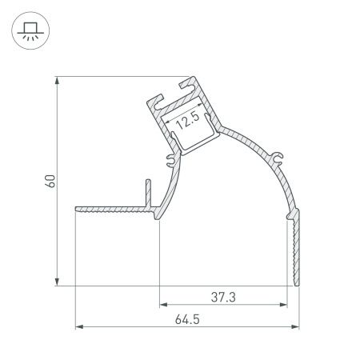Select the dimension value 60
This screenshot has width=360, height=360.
(x=50, y=180)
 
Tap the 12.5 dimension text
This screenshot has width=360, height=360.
(x=187, y=122)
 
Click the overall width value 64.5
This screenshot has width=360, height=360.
(x=186, y=318)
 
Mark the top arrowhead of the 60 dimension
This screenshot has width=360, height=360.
(x=57, y=81)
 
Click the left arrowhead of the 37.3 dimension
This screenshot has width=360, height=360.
(x=163, y=305)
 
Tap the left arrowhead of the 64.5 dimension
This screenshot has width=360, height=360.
(x=78, y=326)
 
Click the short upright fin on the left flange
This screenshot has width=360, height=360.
(x=147, y=193)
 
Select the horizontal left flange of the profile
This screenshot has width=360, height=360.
(x=112, y=210)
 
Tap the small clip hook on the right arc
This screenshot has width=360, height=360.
(x=279, y=155)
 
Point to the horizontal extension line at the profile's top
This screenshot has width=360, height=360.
(x=120, y=78)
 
